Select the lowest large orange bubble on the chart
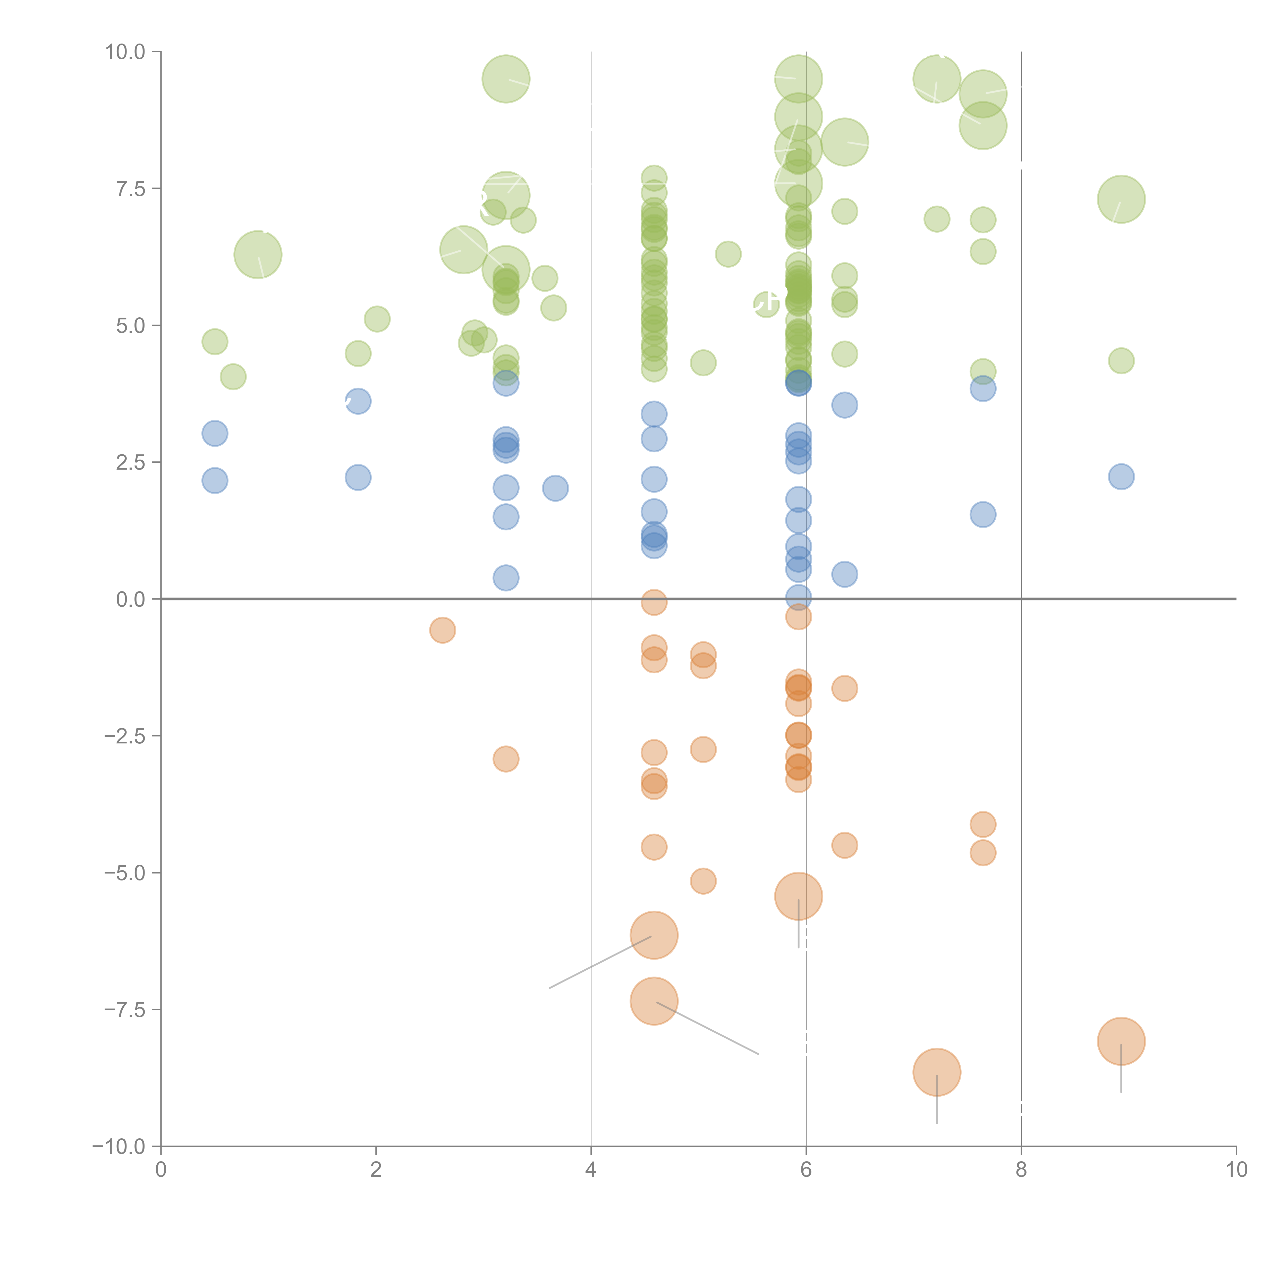pos(937,1072)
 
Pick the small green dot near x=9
pos(1121,361)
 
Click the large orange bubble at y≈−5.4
pos(798,896)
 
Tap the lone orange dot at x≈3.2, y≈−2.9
pos(506,759)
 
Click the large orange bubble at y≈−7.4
pos(654,1001)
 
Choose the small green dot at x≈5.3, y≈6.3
pos(728,254)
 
